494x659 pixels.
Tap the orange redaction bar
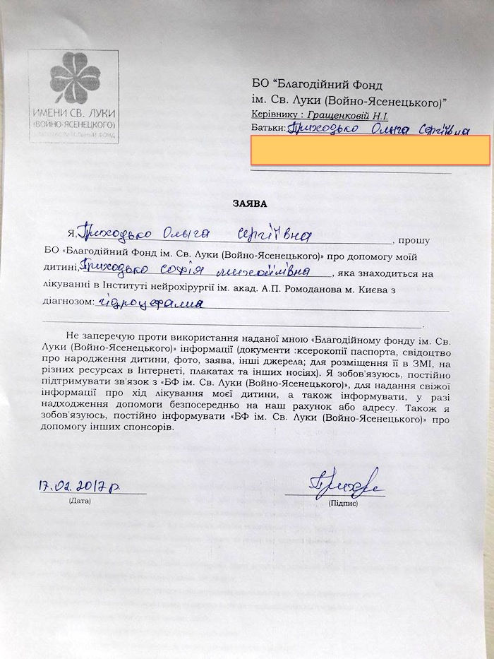pyautogui.click(x=370, y=151)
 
